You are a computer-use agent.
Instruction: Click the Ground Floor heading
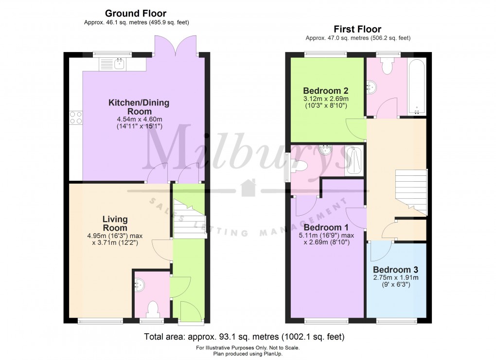pos(135,14)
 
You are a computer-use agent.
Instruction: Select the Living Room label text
pos(115,223)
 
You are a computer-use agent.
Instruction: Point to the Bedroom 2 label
pos(325,91)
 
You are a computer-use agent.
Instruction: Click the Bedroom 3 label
pos(395,270)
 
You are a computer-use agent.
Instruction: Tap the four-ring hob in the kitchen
pos(76,117)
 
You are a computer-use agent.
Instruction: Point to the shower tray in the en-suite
pos(354,161)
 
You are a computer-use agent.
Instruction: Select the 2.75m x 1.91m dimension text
pos(395,278)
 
